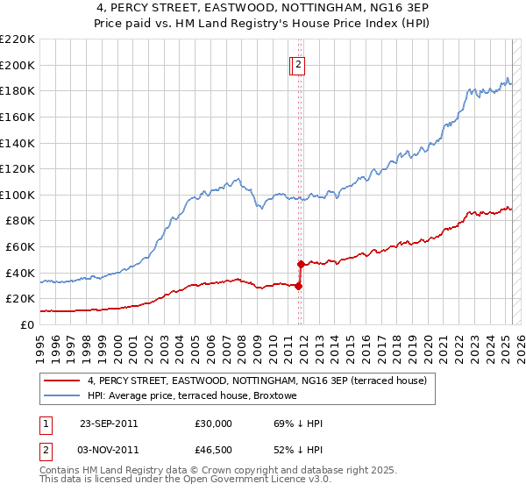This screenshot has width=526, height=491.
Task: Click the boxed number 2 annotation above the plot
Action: click(298, 64)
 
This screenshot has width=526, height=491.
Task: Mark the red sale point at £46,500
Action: click(301, 264)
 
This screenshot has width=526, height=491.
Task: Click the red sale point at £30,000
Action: click(299, 285)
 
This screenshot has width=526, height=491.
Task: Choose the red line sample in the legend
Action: click(61, 381)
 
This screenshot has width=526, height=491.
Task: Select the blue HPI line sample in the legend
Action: click(61, 395)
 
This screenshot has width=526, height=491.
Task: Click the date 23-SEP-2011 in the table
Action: click(109, 423)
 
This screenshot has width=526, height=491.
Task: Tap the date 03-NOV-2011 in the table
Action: click(109, 451)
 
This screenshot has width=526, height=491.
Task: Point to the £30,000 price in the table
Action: click(214, 423)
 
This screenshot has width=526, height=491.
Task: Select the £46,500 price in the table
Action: click(214, 451)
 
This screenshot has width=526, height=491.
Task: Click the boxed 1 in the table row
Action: click(44, 423)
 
